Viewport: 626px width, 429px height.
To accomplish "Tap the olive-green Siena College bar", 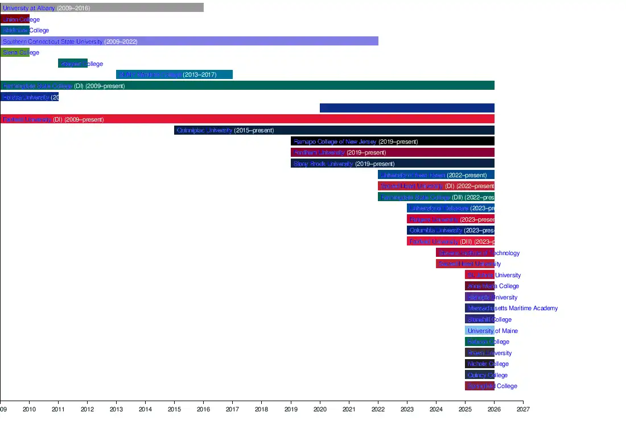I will [14, 52].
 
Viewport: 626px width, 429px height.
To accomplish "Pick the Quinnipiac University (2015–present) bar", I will [334, 130].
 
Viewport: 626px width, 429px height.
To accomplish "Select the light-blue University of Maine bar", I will [479, 331].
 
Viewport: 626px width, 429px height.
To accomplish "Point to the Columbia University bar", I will [450, 230].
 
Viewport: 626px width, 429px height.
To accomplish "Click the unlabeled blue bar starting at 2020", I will [407, 108].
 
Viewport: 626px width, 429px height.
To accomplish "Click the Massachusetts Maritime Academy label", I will [512, 309].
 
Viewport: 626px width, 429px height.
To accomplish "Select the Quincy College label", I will [487, 375].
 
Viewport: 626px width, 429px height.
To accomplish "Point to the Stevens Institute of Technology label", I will [479, 253].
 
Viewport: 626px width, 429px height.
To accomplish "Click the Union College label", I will [21, 19].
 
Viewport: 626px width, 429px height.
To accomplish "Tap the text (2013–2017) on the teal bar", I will [199, 74].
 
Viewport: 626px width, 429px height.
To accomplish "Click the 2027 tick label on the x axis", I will [523, 409].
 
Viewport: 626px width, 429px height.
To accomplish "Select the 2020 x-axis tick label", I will [320, 409].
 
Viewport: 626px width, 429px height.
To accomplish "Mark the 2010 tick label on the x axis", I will [29, 409].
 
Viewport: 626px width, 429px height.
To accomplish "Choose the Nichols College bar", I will [479, 364].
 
